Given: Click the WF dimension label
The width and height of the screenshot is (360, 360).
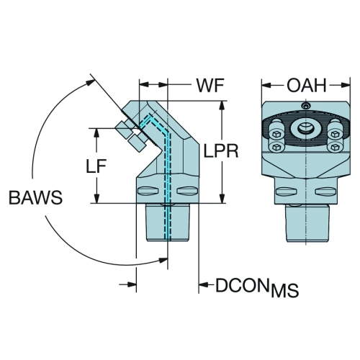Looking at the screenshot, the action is [210, 86].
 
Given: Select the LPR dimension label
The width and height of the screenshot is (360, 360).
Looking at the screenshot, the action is [221, 151].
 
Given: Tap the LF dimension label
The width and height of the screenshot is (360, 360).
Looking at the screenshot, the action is [96, 166].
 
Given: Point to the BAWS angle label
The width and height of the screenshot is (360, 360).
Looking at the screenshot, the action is [35, 197].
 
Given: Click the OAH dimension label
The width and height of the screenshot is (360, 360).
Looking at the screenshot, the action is [307, 86].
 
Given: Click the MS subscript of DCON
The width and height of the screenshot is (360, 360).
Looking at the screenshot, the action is [285, 290].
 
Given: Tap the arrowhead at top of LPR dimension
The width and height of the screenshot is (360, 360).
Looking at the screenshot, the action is [223, 106].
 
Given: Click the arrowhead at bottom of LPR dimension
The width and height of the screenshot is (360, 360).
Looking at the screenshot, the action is [223, 198].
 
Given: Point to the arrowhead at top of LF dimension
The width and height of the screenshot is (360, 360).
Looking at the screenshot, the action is [96, 134].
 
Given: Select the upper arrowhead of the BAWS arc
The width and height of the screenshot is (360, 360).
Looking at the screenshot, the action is [90, 83].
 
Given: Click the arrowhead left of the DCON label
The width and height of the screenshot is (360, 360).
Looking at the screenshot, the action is [204, 284].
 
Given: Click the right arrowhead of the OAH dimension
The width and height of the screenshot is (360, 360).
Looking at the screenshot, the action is [345, 85].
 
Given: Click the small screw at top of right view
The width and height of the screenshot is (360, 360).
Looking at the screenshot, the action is [305, 105].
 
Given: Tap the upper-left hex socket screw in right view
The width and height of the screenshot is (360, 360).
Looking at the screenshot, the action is [276, 134].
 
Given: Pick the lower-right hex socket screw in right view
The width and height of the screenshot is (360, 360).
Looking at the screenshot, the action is [335, 147].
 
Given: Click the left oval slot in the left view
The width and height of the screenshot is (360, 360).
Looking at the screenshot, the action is [148, 191].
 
